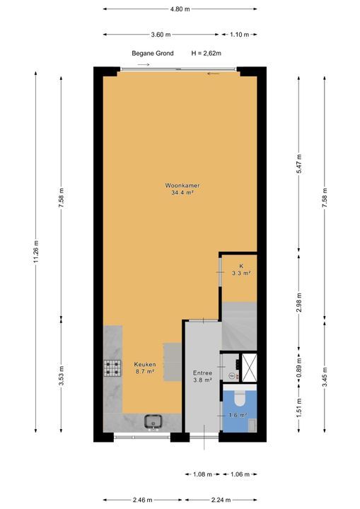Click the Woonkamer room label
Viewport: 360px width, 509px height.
(182, 186)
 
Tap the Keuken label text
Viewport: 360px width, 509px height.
(145, 365)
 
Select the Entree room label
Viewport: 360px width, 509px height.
(202, 373)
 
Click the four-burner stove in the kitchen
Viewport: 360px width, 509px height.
(112, 368)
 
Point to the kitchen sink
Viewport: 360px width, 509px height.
(153, 421)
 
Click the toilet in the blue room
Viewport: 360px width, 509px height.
(240, 398)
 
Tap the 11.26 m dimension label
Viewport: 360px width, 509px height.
(36, 252)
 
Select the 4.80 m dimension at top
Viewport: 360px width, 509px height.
(180, 9)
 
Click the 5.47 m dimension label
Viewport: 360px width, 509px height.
(299, 164)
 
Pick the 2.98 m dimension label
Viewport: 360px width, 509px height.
(299, 303)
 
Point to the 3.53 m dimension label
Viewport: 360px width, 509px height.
(62, 375)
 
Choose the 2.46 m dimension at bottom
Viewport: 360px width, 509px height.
(143, 500)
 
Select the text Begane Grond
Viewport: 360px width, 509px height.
(153, 53)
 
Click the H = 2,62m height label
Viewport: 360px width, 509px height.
(207, 53)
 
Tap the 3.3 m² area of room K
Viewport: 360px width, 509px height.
(241, 274)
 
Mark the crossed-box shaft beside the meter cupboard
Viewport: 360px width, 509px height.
(250, 368)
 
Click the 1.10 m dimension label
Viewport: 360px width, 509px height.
(240, 35)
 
